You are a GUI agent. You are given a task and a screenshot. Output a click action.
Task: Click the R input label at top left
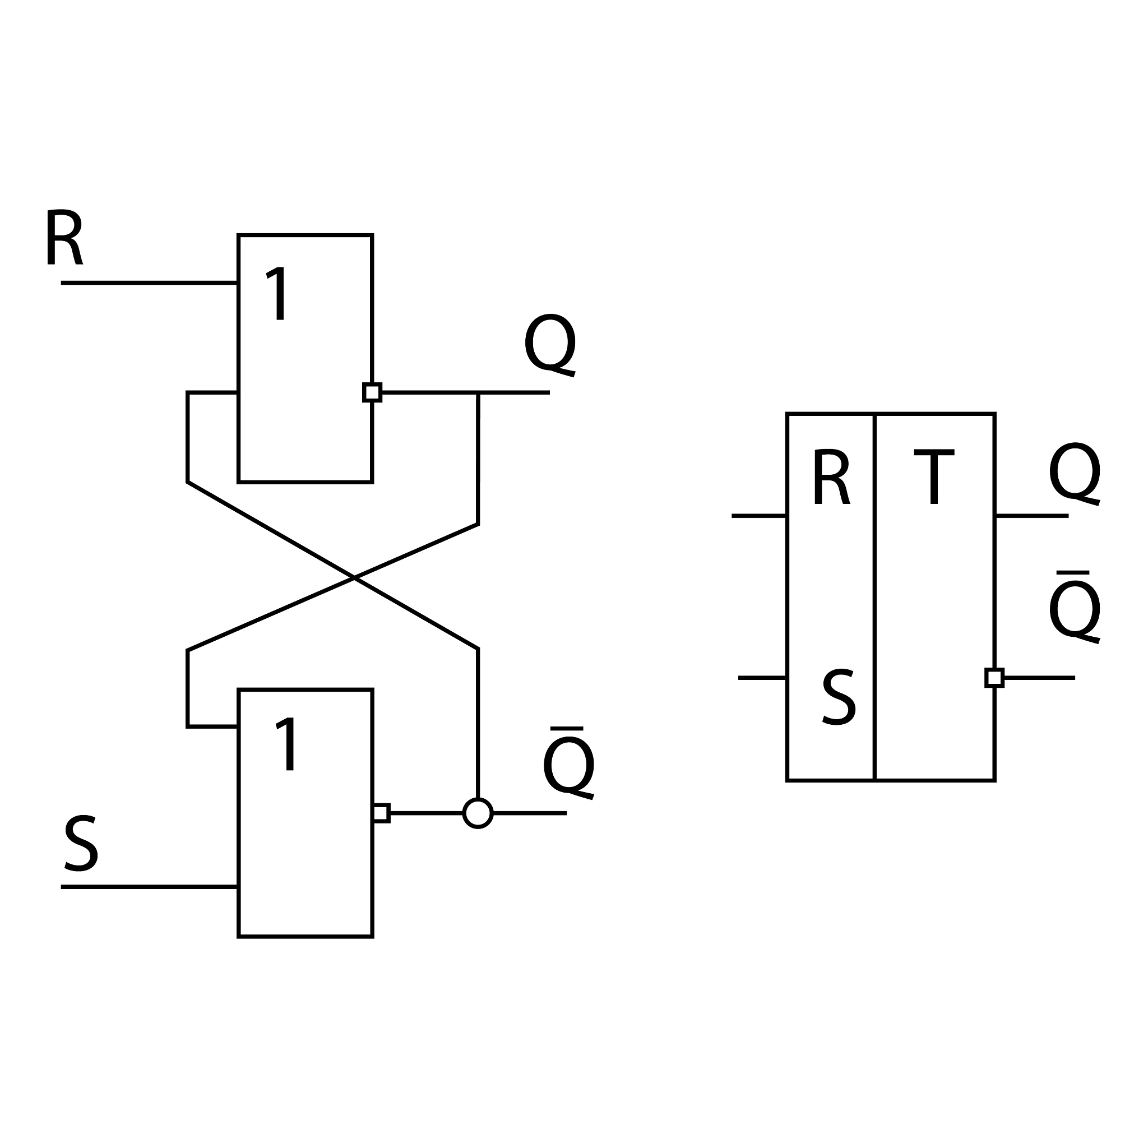click(64, 237)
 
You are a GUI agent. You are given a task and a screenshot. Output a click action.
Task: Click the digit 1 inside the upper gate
click(277, 293)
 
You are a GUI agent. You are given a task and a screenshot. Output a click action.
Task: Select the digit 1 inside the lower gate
click(287, 744)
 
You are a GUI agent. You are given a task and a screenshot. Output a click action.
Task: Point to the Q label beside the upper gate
click(550, 344)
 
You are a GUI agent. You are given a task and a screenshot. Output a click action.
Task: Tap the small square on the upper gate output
click(372, 392)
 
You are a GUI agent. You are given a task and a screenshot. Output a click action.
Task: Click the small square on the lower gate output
click(381, 813)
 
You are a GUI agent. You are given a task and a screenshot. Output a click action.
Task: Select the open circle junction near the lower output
click(478, 813)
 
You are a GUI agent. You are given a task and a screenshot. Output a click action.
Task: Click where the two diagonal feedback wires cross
click(354, 577)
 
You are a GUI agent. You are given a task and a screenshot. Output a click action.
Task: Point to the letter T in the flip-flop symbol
click(933, 477)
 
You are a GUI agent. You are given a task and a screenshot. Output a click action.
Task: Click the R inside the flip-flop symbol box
click(831, 477)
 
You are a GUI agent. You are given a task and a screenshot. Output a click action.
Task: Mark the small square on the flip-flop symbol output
click(994, 677)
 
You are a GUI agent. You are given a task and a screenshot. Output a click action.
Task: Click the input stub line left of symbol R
click(759, 516)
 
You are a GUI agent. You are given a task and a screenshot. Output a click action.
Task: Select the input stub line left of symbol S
click(762, 677)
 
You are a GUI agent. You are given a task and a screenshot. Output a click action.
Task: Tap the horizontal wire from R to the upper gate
click(149, 283)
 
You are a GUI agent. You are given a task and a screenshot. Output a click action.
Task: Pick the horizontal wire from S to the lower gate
click(149, 887)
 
